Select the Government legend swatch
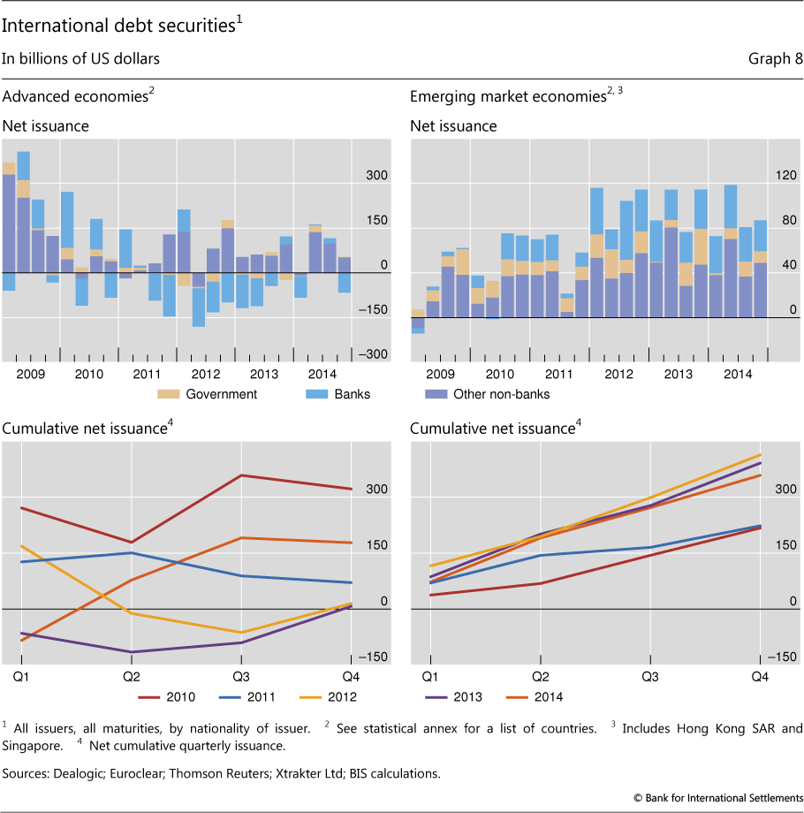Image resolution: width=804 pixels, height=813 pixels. (169, 394)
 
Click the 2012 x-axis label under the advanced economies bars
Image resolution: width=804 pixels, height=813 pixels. (206, 374)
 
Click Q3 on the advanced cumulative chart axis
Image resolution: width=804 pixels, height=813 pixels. (241, 676)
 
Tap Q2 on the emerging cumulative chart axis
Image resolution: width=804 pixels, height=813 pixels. (541, 676)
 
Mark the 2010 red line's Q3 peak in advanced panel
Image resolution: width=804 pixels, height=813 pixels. (241, 475)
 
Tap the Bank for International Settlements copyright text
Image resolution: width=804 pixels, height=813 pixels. (718, 798)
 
